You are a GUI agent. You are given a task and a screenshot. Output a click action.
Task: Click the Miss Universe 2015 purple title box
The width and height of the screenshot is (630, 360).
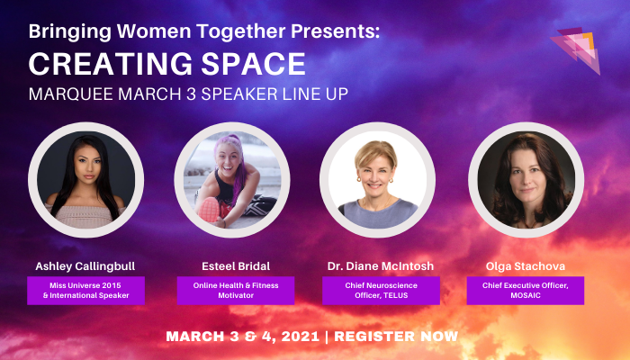85,290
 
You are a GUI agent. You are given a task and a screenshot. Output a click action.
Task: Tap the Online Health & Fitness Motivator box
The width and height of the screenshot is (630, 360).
231,290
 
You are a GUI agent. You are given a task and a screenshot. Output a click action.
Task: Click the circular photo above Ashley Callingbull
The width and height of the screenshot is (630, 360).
85,179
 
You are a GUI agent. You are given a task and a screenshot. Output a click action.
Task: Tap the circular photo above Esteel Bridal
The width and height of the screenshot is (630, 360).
231,179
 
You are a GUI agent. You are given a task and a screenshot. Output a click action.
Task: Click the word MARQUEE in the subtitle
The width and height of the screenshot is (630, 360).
67,94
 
